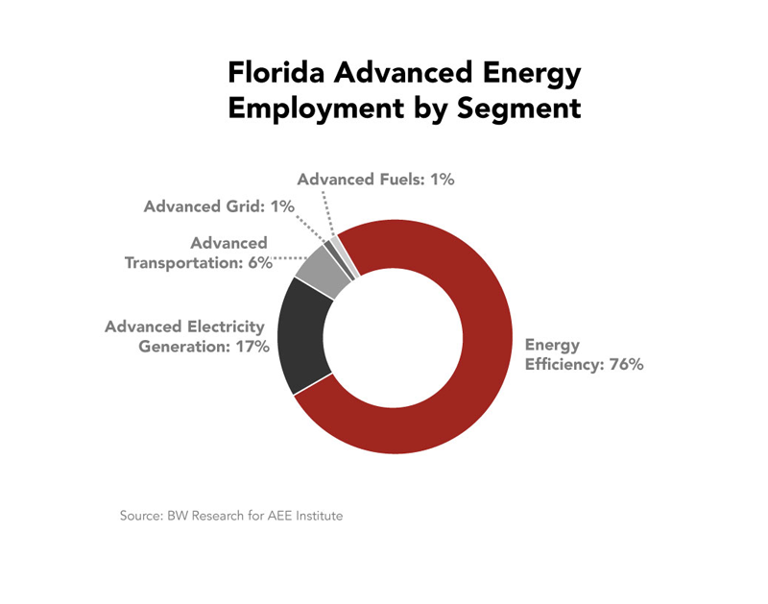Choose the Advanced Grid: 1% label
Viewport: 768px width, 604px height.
[x=219, y=206]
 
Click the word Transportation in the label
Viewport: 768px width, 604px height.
[x=183, y=262]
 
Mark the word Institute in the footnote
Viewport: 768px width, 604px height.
[x=320, y=516]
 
